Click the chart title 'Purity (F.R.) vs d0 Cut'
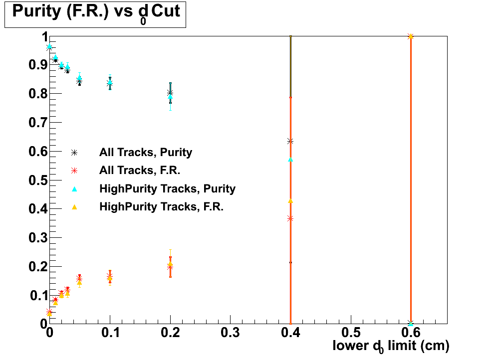tap(95, 12)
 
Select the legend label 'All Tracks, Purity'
tap(146, 152)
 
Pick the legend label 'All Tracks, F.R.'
tap(140, 171)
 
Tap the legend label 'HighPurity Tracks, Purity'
tap(167, 188)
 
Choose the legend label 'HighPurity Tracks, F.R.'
tap(161, 206)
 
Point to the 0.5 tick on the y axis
tap(34, 180)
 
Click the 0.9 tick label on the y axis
tap(34, 65)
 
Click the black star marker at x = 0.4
tap(290, 141)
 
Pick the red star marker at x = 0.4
tap(290, 218)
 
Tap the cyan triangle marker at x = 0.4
tap(290, 160)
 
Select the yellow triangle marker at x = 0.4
tap(290, 201)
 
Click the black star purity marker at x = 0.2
tap(170, 93)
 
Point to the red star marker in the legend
tap(74, 171)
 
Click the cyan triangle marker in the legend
tap(74, 188)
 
